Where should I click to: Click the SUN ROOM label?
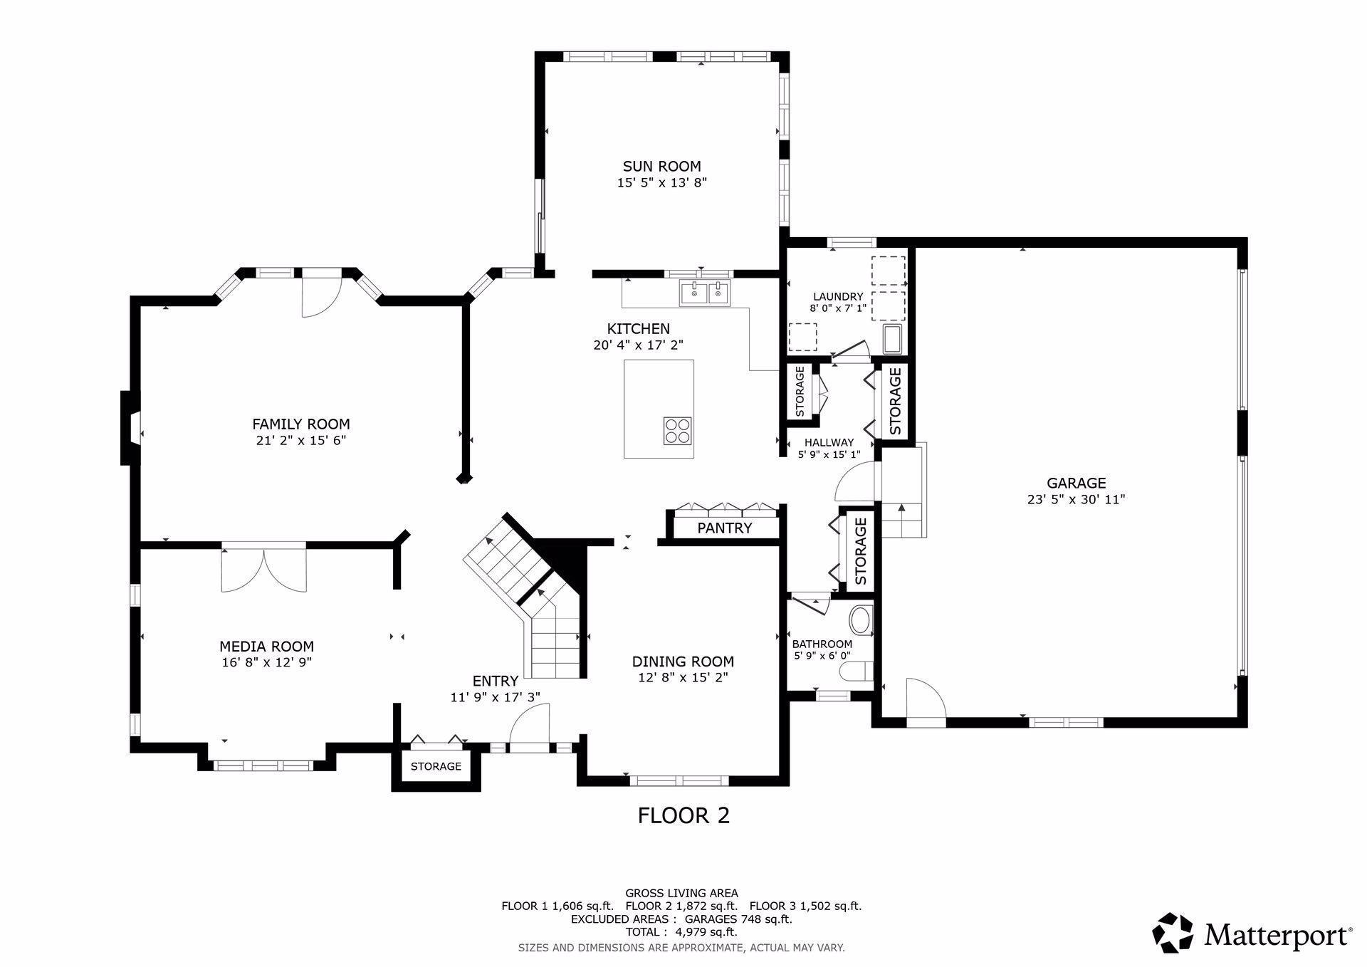[661, 167]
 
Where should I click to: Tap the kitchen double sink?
[705, 293]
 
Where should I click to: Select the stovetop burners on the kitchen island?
[678, 431]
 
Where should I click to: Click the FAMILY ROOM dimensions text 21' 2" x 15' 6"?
[301, 441]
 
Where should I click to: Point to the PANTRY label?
[725, 528]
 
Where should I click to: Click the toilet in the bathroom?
[857, 671]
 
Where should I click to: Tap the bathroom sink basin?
[861, 620]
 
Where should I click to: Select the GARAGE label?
[1076, 483]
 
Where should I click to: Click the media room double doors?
[264, 569]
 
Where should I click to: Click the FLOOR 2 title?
[683, 815]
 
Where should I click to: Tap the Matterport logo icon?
[1173, 932]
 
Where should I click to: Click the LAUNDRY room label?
[838, 297]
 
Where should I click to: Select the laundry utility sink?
[893, 340]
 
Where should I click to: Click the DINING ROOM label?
[683, 662]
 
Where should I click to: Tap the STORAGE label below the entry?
[436, 767]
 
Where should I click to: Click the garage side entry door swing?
[925, 701]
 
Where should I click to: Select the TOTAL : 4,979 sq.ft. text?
[681, 932]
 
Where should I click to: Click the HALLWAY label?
[829, 442]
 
